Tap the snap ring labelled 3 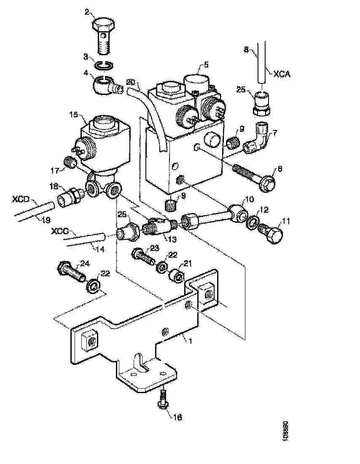(104, 65)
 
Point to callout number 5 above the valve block (206, 65)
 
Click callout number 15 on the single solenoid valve (73, 114)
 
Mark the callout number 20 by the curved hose (131, 82)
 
